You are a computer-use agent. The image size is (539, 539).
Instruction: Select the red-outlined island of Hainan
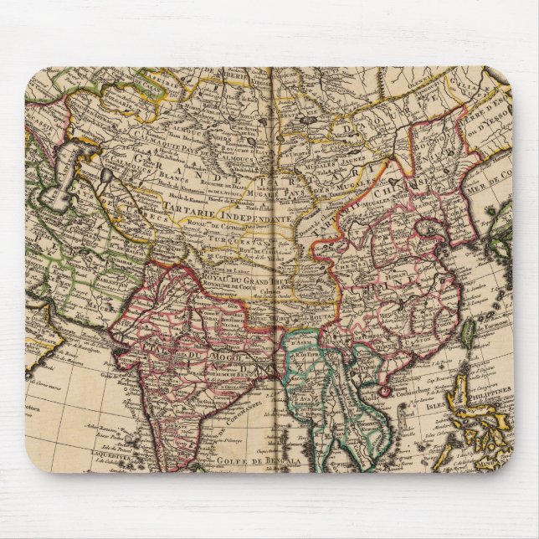[x=385, y=390]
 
